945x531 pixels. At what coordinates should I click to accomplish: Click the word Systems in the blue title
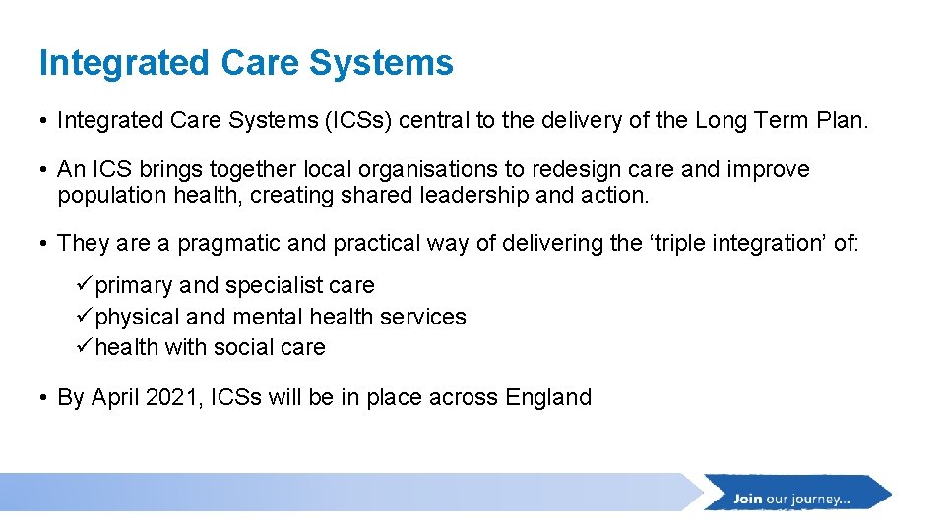[x=381, y=63]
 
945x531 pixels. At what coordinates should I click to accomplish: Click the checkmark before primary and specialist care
[x=85, y=285]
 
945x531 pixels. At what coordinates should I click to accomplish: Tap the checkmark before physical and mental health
[x=85, y=317]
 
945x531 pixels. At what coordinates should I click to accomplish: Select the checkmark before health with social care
[x=85, y=347]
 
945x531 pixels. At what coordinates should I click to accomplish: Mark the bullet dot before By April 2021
[x=45, y=398]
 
